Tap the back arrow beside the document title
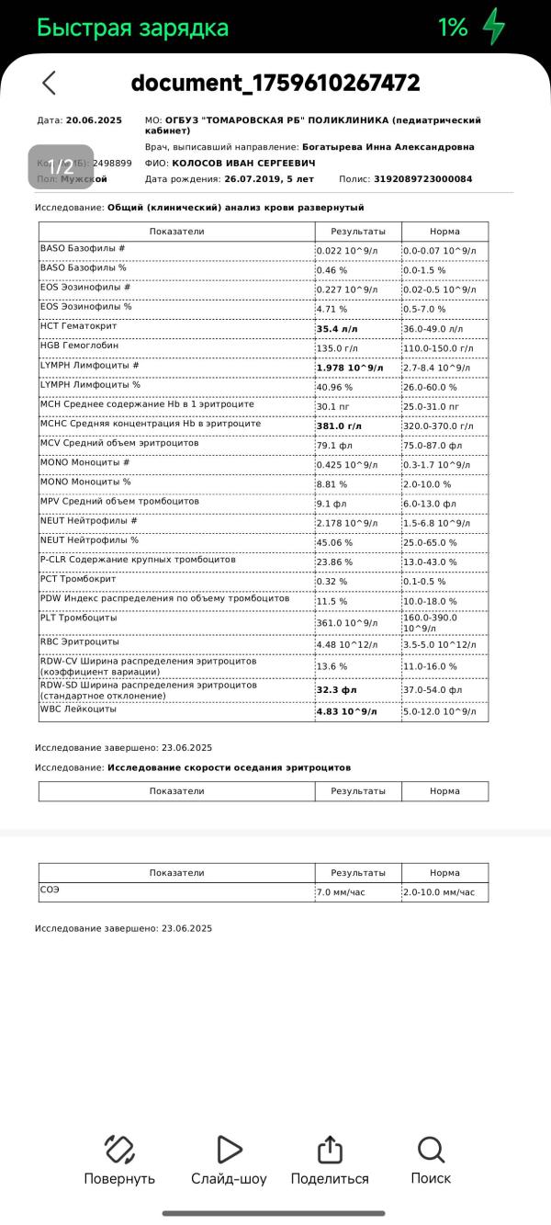[50, 83]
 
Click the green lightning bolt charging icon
[495, 27]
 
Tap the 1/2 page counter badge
[61, 166]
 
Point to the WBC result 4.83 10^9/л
[346, 710]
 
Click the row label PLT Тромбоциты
[79, 618]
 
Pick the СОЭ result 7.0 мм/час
[341, 892]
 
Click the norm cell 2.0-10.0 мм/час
[439, 892]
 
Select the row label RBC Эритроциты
[79, 643]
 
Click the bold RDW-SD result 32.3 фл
[336, 690]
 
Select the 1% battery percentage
[453, 28]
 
